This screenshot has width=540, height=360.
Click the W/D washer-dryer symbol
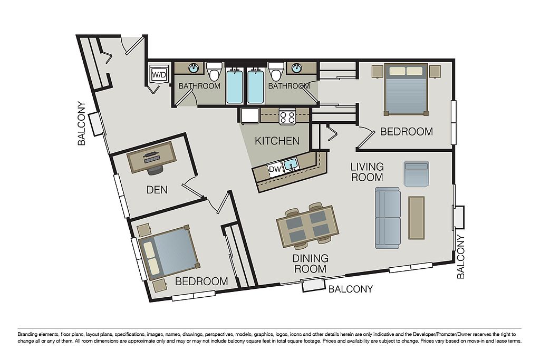click(159, 74)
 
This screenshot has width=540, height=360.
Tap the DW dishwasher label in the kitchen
click(275, 169)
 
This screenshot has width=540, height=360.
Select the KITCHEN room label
click(277, 141)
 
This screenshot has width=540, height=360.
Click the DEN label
click(157, 190)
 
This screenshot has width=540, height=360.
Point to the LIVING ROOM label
click(367, 172)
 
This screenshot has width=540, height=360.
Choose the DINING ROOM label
click(310, 264)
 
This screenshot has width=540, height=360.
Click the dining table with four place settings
click(307, 226)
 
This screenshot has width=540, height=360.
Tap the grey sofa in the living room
click(388, 218)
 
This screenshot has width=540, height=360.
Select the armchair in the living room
click(417, 174)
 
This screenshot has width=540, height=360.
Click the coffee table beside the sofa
click(417, 218)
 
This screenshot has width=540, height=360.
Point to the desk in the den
click(151, 157)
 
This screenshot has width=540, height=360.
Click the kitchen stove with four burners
click(287, 115)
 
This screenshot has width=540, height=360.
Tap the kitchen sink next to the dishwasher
click(291, 164)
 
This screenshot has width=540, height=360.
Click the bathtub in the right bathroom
click(256, 86)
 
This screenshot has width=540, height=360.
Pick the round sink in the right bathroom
click(296, 68)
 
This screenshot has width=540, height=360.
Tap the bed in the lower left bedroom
click(169, 252)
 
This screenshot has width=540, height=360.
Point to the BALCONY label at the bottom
click(351, 289)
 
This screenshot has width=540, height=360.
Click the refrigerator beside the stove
click(250, 116)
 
